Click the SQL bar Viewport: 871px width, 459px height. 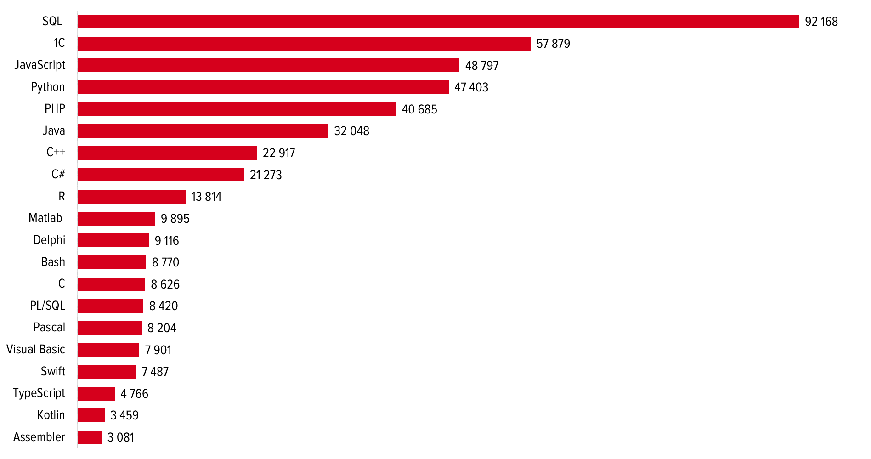click(x=438, y=22)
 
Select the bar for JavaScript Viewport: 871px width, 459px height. click(x=268, y=65)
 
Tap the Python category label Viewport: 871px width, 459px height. click(x=48, y=87)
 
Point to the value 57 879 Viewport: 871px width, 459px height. click(x=553, y=44)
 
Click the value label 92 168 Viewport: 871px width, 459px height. click(x=821, y=22)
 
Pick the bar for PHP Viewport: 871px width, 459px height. click(x=237, y=109)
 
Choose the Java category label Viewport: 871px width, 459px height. click(x=54, y=130)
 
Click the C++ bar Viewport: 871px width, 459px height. click(x=167, y=153)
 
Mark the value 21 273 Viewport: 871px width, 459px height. click(x=266, y=175)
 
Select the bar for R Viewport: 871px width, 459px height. click(x=131, y=197)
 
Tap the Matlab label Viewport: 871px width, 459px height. click(x=45, y=218)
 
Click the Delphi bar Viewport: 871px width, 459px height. click(x=113, y=240)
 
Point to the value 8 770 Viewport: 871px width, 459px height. click(x=165, y=262)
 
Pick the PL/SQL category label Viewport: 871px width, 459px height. click(x=47, y=306)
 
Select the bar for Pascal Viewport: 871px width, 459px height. click(x=110, y=328)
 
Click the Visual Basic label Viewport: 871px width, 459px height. click(x=36, y=349)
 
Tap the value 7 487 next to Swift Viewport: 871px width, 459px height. click(x=155, y=372)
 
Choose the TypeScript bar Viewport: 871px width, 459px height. click(x=96, y=394)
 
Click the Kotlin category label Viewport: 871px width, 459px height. click(x=51, y=415)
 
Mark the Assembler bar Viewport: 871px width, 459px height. click(x=90, y=437)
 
